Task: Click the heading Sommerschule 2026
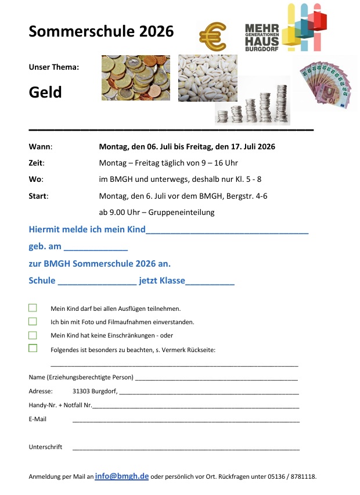point(101,31)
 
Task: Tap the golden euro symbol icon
point(213,37)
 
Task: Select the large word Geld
point(45,92)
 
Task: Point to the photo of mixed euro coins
point(136,78)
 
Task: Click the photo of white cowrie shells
point(207,78)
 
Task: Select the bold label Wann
point(40,146)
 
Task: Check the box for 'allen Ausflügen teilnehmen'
point(33,308)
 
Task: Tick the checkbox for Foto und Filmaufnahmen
point(33,321)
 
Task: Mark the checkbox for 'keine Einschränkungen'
point(33,335)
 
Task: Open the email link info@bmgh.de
point(121,476)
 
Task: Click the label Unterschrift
point(45,447)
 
